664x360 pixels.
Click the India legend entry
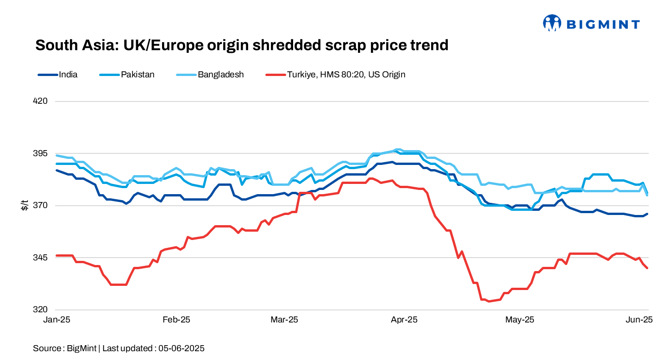tap(68, 74)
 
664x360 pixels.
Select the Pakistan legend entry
tap(138, 74)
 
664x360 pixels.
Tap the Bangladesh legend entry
tap(220, 74)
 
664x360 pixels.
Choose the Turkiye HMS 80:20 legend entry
tap(346, 74)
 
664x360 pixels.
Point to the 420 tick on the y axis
tap(42, 101)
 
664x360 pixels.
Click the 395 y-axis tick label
tap(42, 153)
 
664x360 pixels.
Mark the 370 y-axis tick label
tap(42, 205)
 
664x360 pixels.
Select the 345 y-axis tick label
tap(42, 258)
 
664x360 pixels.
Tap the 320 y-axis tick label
tap(42, 309)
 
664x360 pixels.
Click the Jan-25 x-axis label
tap(56, 320)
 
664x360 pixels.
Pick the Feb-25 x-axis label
tap(176, 320)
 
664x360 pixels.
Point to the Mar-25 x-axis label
tap(284, 320)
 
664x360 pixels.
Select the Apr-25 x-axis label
tap(404, 320)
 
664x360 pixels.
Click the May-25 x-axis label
tap(520, 320)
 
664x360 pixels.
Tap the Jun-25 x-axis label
tap(639, 320)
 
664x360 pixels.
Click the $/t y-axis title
tap(25, 205)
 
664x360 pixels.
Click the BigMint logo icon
tap(552, 23)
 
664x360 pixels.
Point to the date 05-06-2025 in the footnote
tap(182, 348)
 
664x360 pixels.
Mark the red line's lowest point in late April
tap(488, 301)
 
